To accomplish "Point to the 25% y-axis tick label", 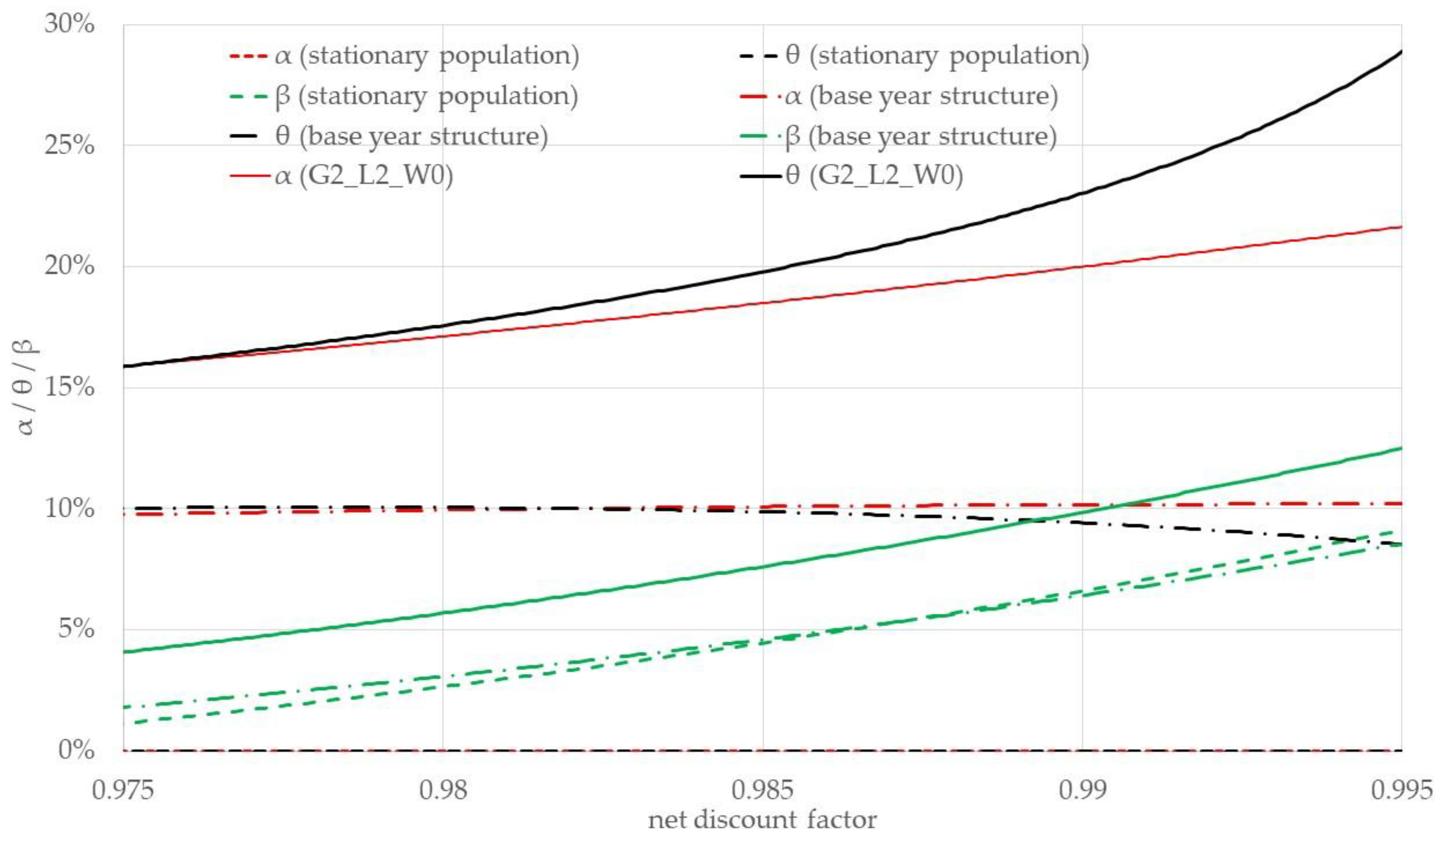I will pyautogui.click(x=69, y=145).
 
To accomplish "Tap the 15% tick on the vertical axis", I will pyautogui.click(x=69, y=388).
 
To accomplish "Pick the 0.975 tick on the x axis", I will pyautogui.click(x=123, y=790).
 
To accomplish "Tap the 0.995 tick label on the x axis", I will pyautogui.click(x=1402, y=790).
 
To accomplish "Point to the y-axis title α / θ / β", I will pyautogui.click(x=26, y=387).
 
